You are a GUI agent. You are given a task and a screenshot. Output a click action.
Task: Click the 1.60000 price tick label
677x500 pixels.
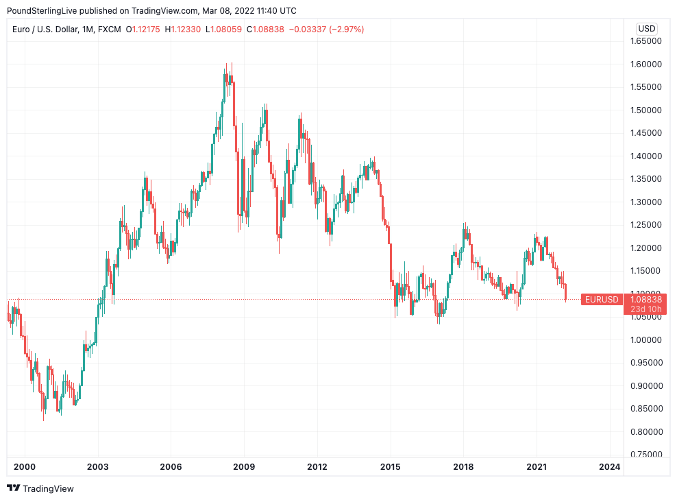(x=646, y=64)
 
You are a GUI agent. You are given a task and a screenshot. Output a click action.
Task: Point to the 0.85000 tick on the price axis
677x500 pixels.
(x=646, y=409)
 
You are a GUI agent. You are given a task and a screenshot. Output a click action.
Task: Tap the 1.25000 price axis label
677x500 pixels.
(x=646, y=225)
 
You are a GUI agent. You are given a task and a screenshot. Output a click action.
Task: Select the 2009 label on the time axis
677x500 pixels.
(x=244, y=467)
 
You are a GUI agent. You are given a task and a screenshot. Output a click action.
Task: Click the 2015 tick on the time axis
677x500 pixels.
(x=391, y=467)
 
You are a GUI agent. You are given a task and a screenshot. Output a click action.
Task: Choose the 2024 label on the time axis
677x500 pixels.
(x=609, y=467)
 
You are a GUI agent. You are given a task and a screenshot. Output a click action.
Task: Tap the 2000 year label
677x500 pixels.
(x=25, y=467)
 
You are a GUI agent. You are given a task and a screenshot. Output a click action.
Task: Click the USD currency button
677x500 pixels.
(x=646, y=29)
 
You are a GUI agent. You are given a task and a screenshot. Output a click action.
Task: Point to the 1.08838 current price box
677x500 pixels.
(x=645, y=300)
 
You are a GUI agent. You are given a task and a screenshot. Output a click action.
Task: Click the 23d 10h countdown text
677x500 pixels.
(x=645, y=309)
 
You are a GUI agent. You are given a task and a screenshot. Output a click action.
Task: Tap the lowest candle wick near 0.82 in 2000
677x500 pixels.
(x=44, y=416)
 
